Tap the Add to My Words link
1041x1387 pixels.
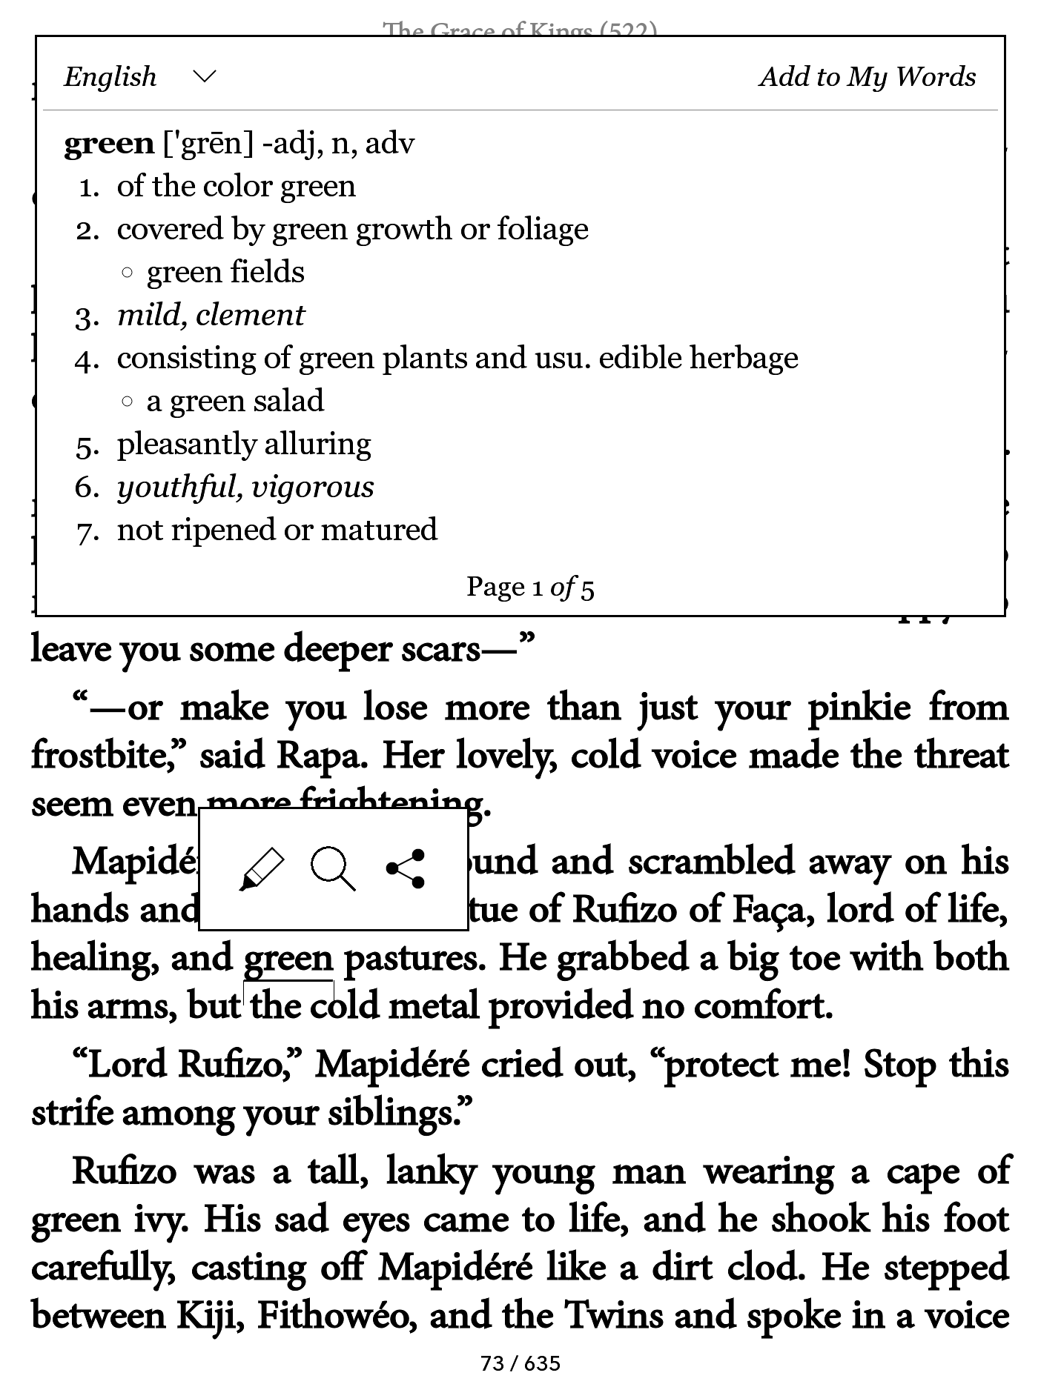point(867,77)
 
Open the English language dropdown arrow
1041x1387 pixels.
point(204,76)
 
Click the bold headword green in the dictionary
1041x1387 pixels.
point(109,143)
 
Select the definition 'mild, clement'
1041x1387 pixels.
point(211,316)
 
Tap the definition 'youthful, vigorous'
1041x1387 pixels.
point(245,488)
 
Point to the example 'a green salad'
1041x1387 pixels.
point(235,402)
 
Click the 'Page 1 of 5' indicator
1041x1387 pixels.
point(529,588)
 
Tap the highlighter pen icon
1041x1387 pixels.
point(262,869)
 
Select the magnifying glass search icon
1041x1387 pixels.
point(333,869)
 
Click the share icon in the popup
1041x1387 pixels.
point(406,869)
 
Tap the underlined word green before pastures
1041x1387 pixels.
point(288,959)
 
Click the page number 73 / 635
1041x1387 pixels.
point(520,1363)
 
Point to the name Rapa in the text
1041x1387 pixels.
point(322,756)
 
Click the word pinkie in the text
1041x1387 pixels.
point(859,708)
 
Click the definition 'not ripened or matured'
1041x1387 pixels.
point(277,530)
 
